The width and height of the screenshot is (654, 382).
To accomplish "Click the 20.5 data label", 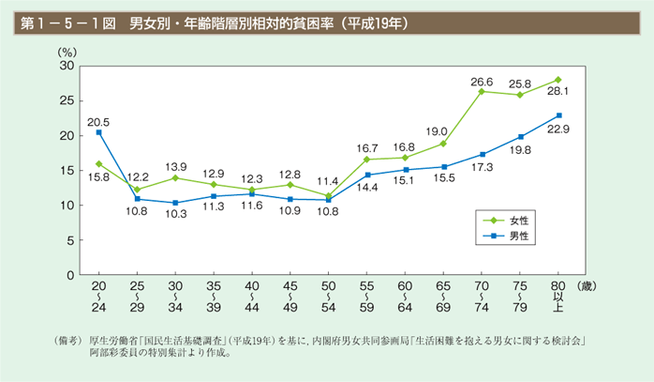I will [98, 121].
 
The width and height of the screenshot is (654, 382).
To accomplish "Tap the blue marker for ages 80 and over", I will [559, 115].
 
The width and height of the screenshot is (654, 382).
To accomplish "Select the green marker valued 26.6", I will [482, 91].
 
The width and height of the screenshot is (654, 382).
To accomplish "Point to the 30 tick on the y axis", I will [67, 67].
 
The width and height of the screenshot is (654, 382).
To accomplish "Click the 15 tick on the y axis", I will [67, 171].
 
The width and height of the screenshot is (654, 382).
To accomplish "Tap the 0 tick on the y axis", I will [70, 275].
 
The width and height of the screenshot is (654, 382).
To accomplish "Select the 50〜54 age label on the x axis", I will [329, 295].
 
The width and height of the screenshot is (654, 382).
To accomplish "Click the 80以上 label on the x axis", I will [559, 295].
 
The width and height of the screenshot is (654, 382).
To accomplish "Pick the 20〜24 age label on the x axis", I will [98, 295].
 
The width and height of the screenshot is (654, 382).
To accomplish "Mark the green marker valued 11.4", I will [329, 196].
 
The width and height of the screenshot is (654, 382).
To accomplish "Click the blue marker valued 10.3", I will [175, 203].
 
